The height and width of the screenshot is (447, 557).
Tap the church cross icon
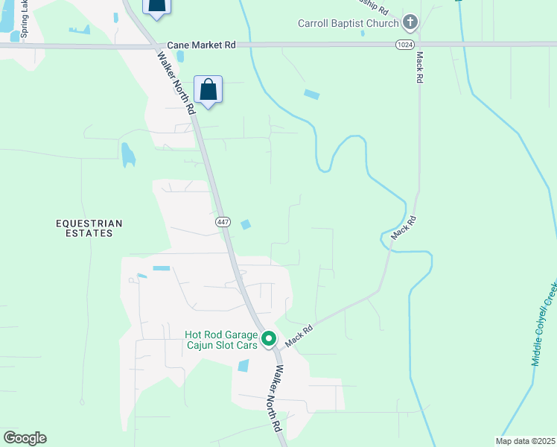click(x=410, y=23)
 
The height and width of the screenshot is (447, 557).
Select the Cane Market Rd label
click(x=201, y=45)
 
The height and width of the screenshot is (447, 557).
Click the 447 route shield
click(x=223, y=222)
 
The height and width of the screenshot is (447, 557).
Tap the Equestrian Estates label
click(x=89, y=228)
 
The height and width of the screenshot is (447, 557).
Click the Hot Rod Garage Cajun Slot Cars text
click(x=220, y=340)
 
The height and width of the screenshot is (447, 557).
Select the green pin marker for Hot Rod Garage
click(x=269, y=339)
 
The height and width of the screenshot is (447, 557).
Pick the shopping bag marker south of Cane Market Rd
click(x=209, y=91)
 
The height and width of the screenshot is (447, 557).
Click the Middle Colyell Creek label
click(x=544, y=323)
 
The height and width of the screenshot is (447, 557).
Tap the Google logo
click(x=25, y=438)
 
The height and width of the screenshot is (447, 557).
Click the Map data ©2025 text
click(x=525, y=441)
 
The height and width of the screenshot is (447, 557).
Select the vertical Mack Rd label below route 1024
click(x=420, y=67)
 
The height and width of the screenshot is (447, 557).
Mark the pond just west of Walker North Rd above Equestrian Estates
click(x=128, y=154)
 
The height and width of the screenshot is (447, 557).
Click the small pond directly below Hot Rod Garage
click(x=243, y=366)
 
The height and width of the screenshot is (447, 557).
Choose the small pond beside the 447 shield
click(x=246, y=224)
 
